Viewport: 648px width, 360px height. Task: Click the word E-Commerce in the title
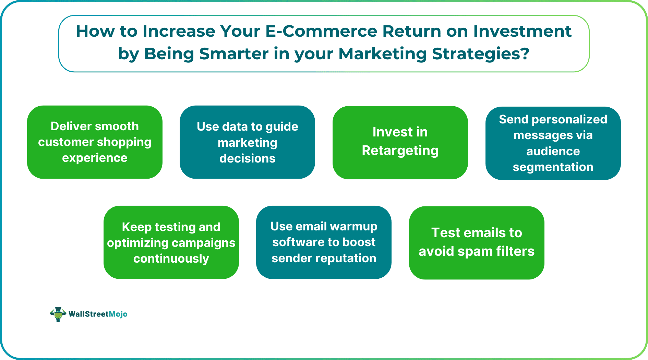coord(321,31)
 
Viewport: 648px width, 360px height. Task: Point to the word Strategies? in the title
coord(480,54)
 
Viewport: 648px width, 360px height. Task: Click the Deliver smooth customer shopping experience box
coord(95,142)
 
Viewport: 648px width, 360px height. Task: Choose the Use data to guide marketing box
coord(247,142)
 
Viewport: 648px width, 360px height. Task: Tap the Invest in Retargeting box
coord(400,143)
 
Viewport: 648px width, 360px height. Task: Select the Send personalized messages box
coord(553,143)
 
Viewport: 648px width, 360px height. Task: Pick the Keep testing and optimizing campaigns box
coord(171,242)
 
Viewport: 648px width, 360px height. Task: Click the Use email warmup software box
coord(324,242)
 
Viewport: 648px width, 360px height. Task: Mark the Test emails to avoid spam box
coord(477,243)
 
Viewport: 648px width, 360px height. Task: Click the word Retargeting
coord(400,151)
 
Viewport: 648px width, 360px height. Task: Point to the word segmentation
coord(553,167)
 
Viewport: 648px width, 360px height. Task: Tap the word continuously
coord(171,259)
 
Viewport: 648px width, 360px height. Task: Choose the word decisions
coord(247,158)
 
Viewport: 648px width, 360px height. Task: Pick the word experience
coord(95,158)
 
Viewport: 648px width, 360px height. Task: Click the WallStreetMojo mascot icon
coord(58,314)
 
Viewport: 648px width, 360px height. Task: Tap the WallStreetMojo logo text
coord(98,314)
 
